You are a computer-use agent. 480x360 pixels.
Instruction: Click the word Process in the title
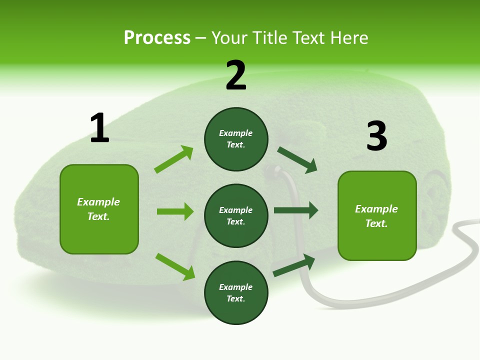click(x=157, y=38)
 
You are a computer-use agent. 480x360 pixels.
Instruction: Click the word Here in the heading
click(x=349, y=38)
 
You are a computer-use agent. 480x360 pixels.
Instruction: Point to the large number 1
click(x=99, y=128)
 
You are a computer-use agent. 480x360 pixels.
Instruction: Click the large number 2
click(x=236, y=75)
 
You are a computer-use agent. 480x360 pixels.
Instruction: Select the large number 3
click(x=377, y=136)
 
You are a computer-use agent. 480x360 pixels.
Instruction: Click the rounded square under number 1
click(x=99, y=209)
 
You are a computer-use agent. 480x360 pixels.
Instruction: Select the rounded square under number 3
click(x=377, y=215)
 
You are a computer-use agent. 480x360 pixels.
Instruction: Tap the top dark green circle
click(x=236, y=139)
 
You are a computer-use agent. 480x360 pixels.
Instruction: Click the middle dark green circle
click(x=236, y=215)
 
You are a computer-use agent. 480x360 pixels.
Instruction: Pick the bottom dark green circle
click(x=236, y=292)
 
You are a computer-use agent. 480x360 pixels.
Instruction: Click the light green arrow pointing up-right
click(x=174, y=159)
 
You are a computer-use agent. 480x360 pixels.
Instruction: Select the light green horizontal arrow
click(x=175, y=211)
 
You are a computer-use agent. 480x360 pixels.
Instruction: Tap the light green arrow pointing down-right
click(x=175, y=266)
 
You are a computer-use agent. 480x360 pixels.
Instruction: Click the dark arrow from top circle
click(x=297, y=160)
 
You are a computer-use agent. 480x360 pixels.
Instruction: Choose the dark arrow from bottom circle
click(x=294, y=265)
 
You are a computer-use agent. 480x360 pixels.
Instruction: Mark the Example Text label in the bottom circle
click(x=236, y=292)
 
